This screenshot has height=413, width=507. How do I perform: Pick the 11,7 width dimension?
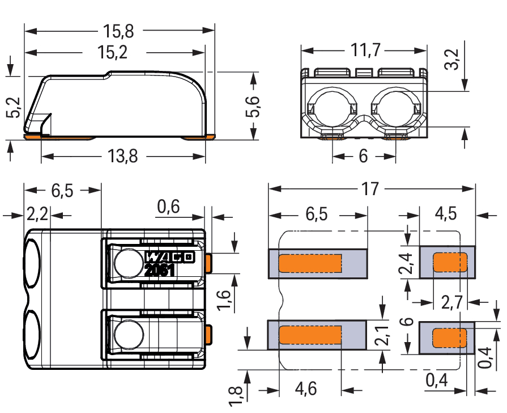coord(364,50)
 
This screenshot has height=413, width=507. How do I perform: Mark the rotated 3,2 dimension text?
coord(451,59)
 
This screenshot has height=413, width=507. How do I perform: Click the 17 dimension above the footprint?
coord(370,189)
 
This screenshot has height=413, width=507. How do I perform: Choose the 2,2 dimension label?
coord(37,215)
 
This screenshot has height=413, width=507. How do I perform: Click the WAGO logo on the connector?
coord(170,257)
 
